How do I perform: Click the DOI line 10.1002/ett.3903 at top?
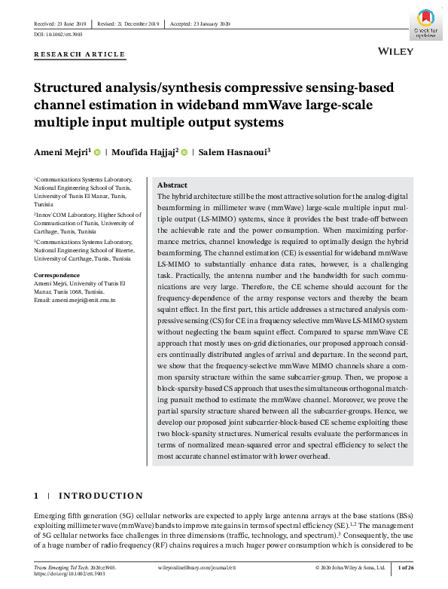coord(58,35)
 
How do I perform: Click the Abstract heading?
coord(172,185)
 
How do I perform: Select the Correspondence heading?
coord(57,275)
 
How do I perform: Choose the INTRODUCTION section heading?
coord(100,496)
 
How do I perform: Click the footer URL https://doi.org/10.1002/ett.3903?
coord(70,573)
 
